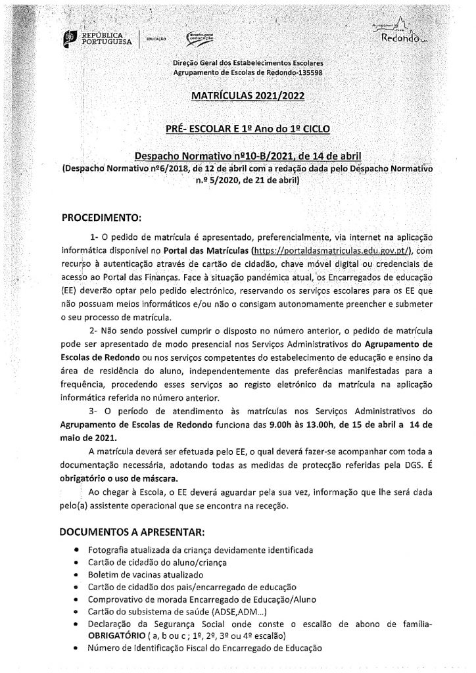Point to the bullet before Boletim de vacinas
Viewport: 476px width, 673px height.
pyautogui.click(x=78, y=574)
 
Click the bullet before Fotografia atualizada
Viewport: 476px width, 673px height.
pyautogui.click(x=78, y=549)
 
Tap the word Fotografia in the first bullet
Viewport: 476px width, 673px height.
pyautogui.click(x=109, y=549)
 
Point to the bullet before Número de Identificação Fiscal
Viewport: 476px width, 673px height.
pyautogui.click(x=78, y=647)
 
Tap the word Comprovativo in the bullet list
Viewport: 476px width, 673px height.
pyautogui.click(x=118, y=598)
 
